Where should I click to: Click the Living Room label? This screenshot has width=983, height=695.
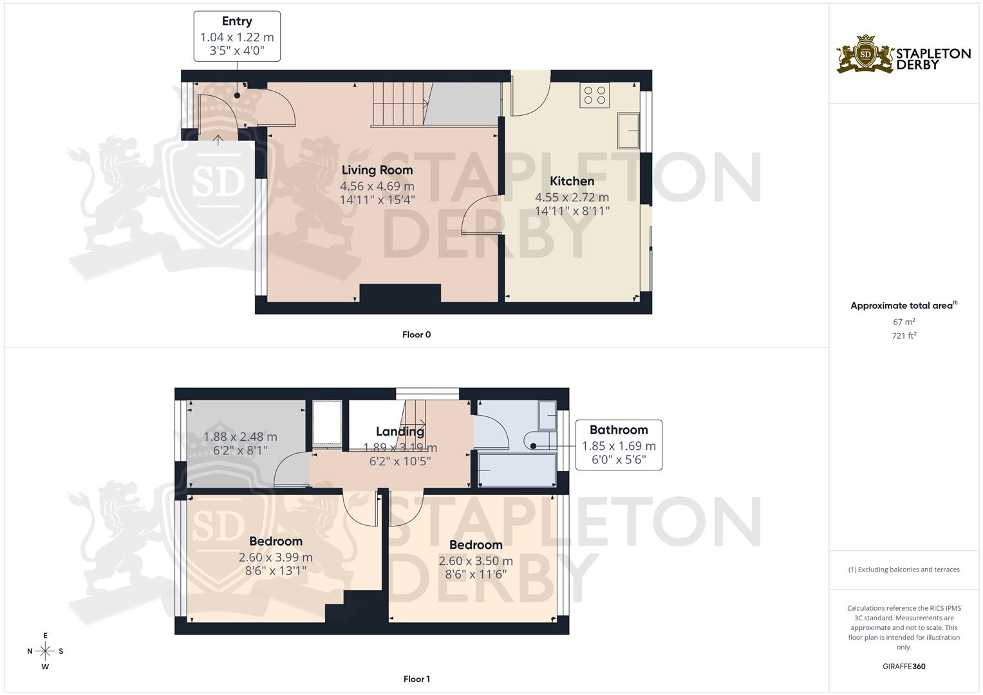tap(377, 170)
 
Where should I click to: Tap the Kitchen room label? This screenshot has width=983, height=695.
tap(572, 181)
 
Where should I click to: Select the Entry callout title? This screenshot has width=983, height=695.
tap(237, 22)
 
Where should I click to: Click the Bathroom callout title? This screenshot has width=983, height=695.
tap(618, 430)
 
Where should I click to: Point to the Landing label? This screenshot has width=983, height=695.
tap(400, 431)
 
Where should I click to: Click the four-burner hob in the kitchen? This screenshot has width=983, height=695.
tap(594, 95)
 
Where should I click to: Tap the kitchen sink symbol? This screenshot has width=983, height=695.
tap(628, 131)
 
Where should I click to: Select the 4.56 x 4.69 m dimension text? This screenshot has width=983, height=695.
tap(377, 186)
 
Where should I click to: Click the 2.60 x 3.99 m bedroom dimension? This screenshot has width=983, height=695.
tap(276, 557)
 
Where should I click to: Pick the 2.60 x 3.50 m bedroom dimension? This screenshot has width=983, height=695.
tap(476, 561)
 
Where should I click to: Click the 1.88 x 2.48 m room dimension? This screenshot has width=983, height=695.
tap(240, 437)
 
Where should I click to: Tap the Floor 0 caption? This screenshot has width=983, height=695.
tap(417, 335)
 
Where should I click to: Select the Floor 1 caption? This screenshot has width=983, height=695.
tap(417, 679)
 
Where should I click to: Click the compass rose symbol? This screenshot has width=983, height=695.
tap(45, 651)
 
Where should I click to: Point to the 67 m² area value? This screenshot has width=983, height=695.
tap(904, 322)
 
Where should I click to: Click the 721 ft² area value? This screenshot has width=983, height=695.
tap(904, 335)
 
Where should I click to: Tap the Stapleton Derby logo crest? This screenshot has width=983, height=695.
tap(865, 54)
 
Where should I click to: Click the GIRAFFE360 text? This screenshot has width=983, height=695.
tap(904, 666)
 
